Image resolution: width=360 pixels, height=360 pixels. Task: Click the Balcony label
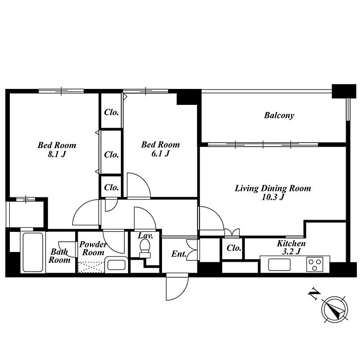pos(279,115)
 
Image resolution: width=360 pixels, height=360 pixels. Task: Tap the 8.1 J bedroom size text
pos(57,154)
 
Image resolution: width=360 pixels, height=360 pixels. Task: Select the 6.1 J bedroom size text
pos(160,153)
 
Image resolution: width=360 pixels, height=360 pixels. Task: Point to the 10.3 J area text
pos(273,197)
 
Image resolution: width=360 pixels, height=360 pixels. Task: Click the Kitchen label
pos(291,243)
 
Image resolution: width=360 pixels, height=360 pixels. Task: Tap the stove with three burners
pos(315,264)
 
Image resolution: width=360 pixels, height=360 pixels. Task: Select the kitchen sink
pos(279,264)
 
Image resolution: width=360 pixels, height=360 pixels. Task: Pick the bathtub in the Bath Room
pos(33,252)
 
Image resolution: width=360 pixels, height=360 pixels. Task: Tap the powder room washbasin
pos(116,265)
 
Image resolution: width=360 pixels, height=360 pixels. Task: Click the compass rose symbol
pos(334,309)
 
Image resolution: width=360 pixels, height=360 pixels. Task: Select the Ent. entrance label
pos(179,254)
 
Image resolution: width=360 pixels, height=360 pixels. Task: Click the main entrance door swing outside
pos(177,286)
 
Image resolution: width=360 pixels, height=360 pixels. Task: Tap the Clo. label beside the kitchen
pos(233,248)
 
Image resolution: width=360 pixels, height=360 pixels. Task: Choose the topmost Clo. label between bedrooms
pos(112,112)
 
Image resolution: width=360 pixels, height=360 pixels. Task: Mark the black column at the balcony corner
pos(344,92)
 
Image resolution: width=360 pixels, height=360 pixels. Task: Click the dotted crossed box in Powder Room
pos(91,267)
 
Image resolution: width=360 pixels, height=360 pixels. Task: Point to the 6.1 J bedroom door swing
pos(139,186)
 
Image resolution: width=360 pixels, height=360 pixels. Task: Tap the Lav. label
pos(145,236)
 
